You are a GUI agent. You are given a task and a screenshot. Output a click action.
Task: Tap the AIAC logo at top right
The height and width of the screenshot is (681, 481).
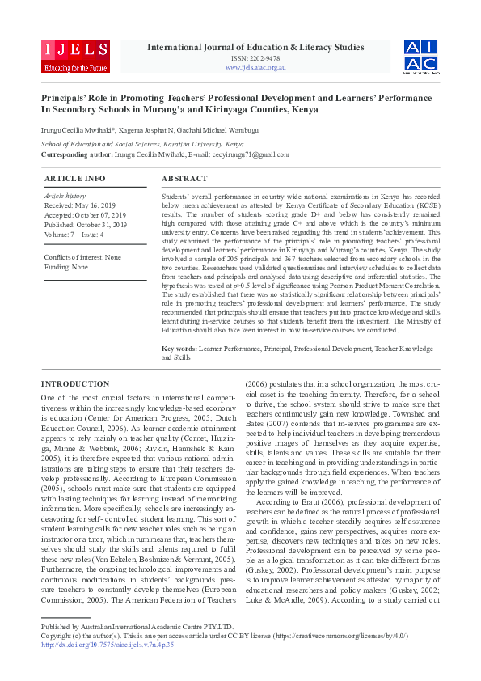[420, 55]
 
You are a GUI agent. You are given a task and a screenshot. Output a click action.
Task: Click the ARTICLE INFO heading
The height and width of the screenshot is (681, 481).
[74, 178]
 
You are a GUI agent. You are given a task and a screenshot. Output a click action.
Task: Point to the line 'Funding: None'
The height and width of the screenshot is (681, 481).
[66, 266]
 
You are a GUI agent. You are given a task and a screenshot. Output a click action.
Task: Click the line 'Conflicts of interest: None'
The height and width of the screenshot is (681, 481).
[82, 257]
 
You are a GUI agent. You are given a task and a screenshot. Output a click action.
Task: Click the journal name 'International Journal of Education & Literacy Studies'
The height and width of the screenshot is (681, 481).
[255, 48]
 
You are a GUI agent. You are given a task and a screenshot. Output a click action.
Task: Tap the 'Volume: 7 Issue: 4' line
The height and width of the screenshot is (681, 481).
[74, 235]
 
